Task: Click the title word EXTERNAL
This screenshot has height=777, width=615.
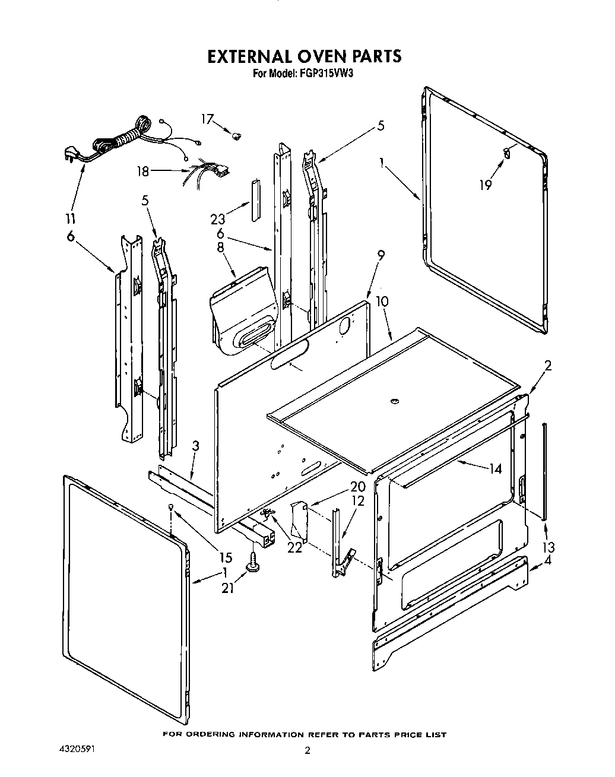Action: coord(247,56)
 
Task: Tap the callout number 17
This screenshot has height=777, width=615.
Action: coord(206,119)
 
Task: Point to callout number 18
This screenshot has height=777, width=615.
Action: coord(143,172)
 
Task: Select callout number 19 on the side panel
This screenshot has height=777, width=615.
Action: coord(486,185)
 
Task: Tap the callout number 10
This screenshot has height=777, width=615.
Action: coord(382,302)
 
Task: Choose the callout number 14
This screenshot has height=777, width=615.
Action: coord(494,468)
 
